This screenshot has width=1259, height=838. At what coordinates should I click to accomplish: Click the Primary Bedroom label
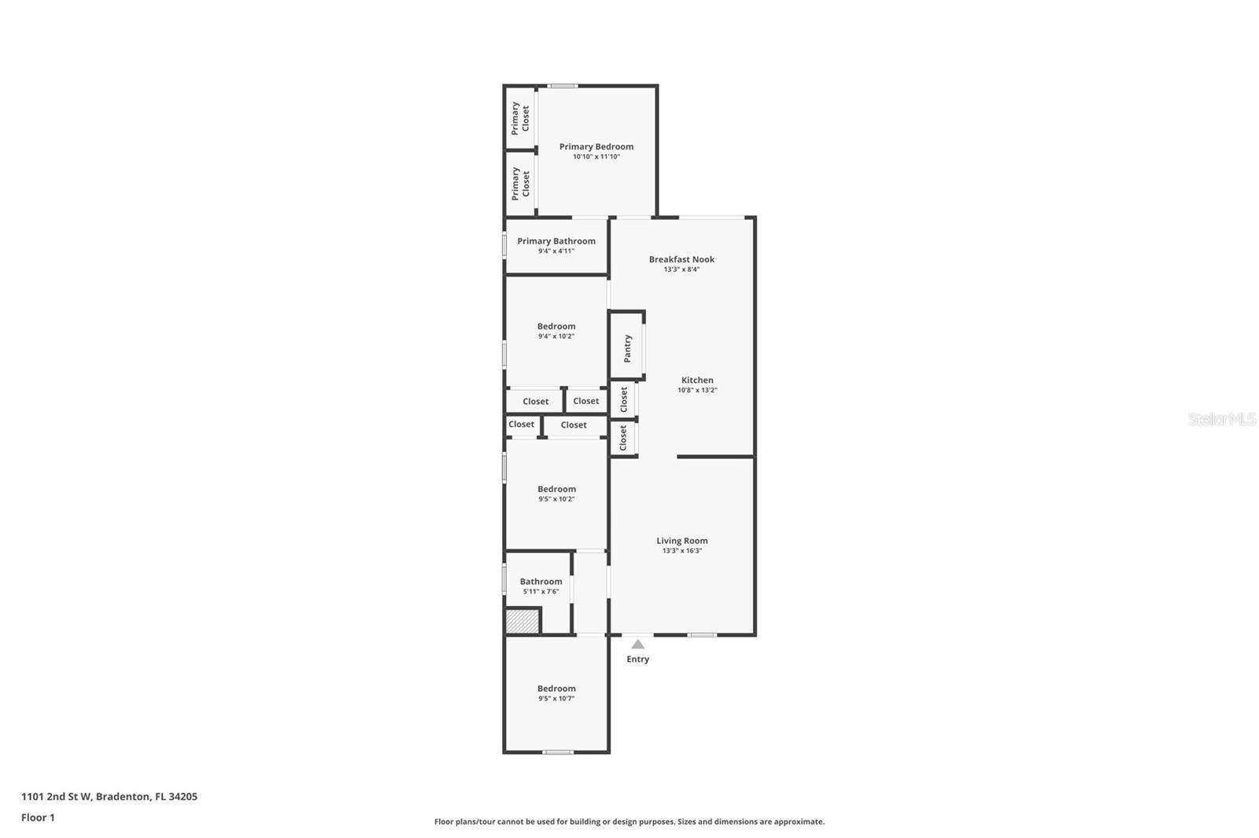coord(596,146)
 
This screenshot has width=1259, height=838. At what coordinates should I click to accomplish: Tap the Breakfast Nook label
coord(681,259)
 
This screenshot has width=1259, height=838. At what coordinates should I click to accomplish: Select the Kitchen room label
coord(697,380)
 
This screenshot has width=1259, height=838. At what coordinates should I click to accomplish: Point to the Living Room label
coord(681,541)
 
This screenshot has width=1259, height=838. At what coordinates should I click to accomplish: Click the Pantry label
coord(627,348)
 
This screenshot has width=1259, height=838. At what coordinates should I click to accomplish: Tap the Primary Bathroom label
coord(556,241)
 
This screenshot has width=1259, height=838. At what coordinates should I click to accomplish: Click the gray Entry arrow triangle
coord(637,645)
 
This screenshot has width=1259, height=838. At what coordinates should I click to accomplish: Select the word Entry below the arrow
coord(637,660)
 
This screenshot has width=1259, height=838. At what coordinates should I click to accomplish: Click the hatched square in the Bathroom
coord(522,621)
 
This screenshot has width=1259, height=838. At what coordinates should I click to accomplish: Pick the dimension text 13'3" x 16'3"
coord(681,551)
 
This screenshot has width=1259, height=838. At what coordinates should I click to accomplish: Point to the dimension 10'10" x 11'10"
coord(596,157)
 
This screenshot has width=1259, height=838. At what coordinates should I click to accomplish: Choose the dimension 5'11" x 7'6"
coord(541,592)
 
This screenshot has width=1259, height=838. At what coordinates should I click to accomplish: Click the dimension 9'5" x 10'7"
coord(556,699)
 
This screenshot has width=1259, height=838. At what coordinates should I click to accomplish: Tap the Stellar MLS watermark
coord(1221,419)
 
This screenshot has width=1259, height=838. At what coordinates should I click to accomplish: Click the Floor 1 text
coord(38,818)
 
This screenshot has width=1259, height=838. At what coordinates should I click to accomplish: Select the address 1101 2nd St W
coord(57,796)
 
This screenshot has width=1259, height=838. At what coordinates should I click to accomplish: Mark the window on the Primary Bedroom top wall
coord(563,86)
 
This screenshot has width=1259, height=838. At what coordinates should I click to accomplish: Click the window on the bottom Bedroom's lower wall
coord(557,752)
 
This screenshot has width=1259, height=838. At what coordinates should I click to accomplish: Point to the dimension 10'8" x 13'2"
coord(697,391)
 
